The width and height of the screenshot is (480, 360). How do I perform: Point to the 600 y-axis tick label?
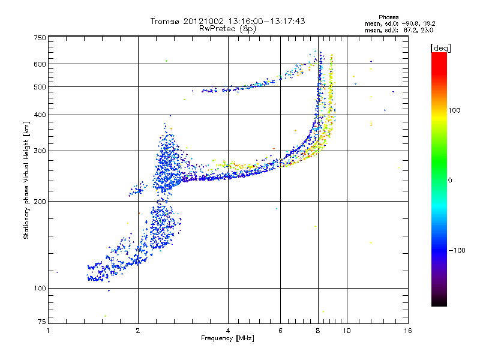click(x=40, y=64)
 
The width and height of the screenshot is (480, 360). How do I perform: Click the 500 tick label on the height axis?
click(x=40, y=87)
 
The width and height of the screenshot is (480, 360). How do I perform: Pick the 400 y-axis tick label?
click(x=40, y=115)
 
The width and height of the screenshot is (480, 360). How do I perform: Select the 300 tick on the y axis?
click(x=40, y=151)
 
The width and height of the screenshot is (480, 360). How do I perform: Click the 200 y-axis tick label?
click(x=40, y=201)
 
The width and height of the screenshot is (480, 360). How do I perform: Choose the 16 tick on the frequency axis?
click(x=407, y=330)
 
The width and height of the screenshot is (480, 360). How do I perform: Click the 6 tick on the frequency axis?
click(x=280, y=330)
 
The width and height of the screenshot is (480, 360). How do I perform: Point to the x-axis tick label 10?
click(x=346, y=330)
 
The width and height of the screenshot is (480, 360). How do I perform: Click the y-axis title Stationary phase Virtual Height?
click(x=26, y=180)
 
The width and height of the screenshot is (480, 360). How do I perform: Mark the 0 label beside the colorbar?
click(x=451, y=181)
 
